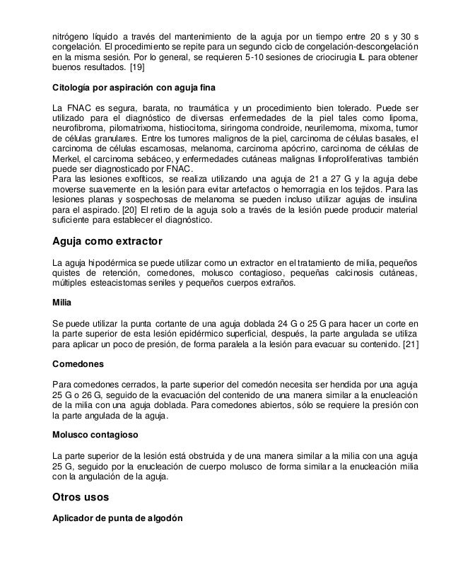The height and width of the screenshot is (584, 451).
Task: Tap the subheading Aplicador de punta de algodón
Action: (117, 518)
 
